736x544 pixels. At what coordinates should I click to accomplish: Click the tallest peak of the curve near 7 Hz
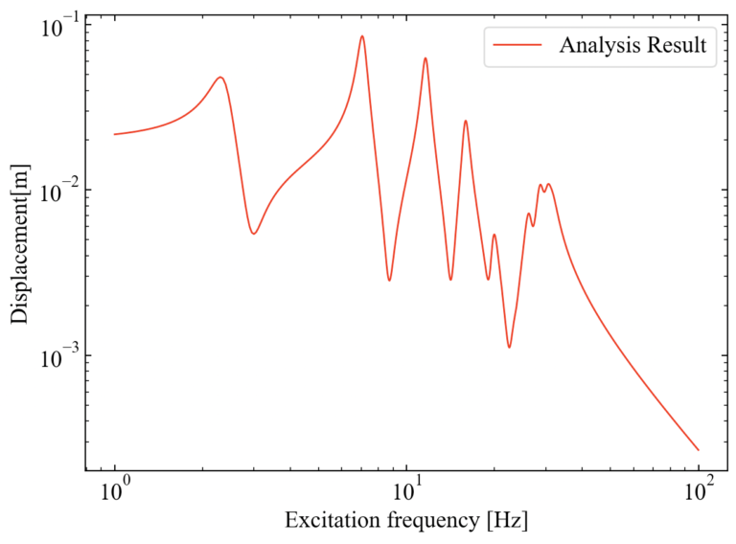[362, 36]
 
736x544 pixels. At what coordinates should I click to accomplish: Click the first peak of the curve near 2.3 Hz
[220, 78]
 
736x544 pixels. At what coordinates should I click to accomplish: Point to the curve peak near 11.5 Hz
[425, 58]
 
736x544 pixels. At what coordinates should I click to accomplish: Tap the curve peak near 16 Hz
[466, 121]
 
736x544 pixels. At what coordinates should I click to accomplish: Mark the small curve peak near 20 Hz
[494, 235]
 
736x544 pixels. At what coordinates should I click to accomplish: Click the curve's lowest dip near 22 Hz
[509, 347]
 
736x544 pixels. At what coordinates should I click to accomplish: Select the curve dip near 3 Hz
[254, 234]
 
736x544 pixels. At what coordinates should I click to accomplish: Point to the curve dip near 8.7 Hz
[389, 280]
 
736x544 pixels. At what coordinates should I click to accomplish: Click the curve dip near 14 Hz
[450, 280]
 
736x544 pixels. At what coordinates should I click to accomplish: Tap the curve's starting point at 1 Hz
[115, 134]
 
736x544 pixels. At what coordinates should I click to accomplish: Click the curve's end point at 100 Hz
[699, 450]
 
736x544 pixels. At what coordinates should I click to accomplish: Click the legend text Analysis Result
[633, 45]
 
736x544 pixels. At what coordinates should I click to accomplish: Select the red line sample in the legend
[514, 45]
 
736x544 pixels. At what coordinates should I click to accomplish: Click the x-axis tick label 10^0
[115, 493]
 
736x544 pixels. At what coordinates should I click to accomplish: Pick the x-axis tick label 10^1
[406, 493]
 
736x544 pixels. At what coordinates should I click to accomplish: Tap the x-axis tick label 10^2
[699, 493]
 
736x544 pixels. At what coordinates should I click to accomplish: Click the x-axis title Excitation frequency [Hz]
[406, 522]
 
